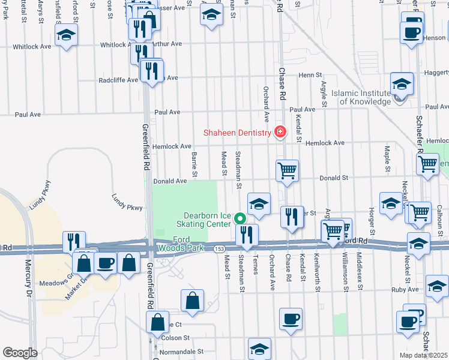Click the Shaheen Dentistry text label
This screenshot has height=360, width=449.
pos(237,133)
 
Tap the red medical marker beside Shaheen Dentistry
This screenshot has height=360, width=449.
pos(279,132)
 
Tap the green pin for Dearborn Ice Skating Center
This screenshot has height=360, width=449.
pos(240,219)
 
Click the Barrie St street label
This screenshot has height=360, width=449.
pos(194,164)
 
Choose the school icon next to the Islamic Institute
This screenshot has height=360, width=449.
pos(402,84)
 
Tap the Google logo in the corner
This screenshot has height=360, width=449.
pos(19,353)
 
